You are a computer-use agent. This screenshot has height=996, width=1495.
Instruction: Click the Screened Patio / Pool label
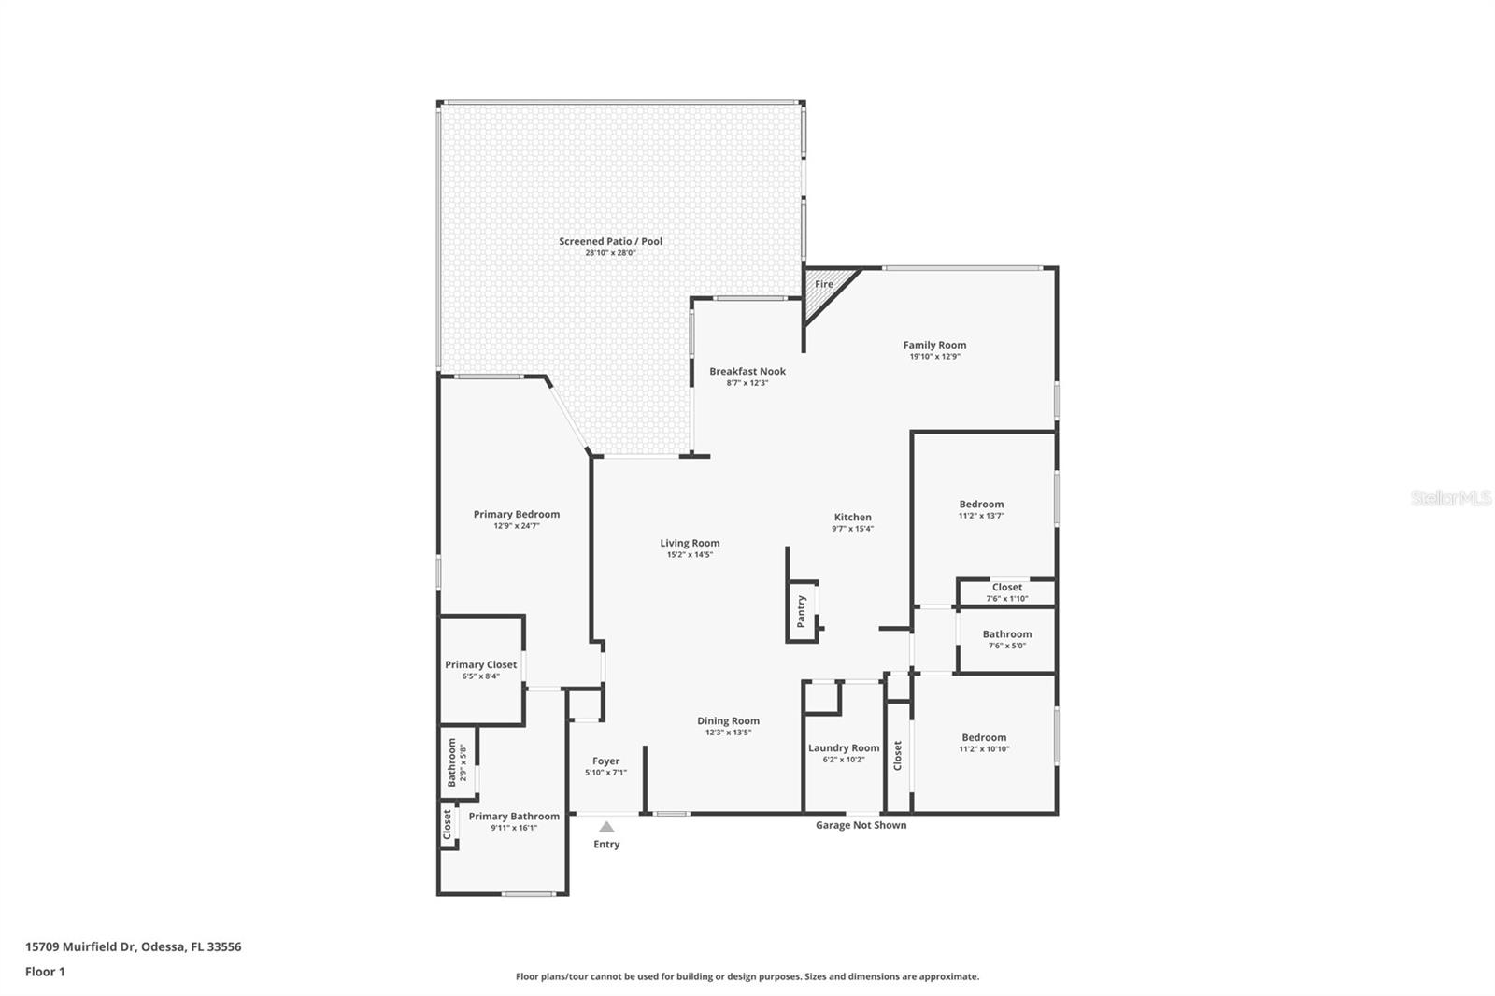pos(611,242)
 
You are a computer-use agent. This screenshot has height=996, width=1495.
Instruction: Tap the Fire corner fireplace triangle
pos(823,292)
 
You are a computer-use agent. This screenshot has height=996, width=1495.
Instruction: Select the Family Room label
pos(934,345)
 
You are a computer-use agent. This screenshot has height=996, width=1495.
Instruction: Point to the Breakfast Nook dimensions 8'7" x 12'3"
pos(747,383)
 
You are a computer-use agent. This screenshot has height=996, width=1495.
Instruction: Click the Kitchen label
pos(852,518)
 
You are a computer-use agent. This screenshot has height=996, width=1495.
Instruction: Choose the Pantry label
pos(802,611)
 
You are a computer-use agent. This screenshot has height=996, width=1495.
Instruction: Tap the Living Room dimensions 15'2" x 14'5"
pos(690,555)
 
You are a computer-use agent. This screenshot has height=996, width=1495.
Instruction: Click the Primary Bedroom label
pos(517,515)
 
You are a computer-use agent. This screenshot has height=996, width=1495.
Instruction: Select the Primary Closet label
pos(480,665)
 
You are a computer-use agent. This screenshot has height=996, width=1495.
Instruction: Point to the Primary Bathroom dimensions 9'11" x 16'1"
pos(514,828)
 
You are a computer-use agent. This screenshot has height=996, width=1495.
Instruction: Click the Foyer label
pos(606,761)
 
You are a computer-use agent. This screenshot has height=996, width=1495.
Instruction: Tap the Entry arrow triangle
pos(606,827)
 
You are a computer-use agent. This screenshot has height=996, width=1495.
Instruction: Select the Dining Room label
pos(728,721)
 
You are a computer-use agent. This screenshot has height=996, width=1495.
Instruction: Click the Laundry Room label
pos(844,748)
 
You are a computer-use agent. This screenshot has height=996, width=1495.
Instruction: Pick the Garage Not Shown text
pos(861,825)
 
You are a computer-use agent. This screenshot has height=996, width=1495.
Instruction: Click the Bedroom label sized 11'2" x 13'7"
pos(981,505)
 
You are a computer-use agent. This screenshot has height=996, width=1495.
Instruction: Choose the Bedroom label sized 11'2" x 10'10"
pos(984,737)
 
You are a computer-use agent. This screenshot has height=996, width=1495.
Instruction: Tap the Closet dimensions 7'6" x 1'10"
pos(1007,599)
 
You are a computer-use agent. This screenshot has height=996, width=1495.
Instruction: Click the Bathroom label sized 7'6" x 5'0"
pos(1007,634)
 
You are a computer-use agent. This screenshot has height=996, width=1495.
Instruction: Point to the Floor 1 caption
pos(46,972)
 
